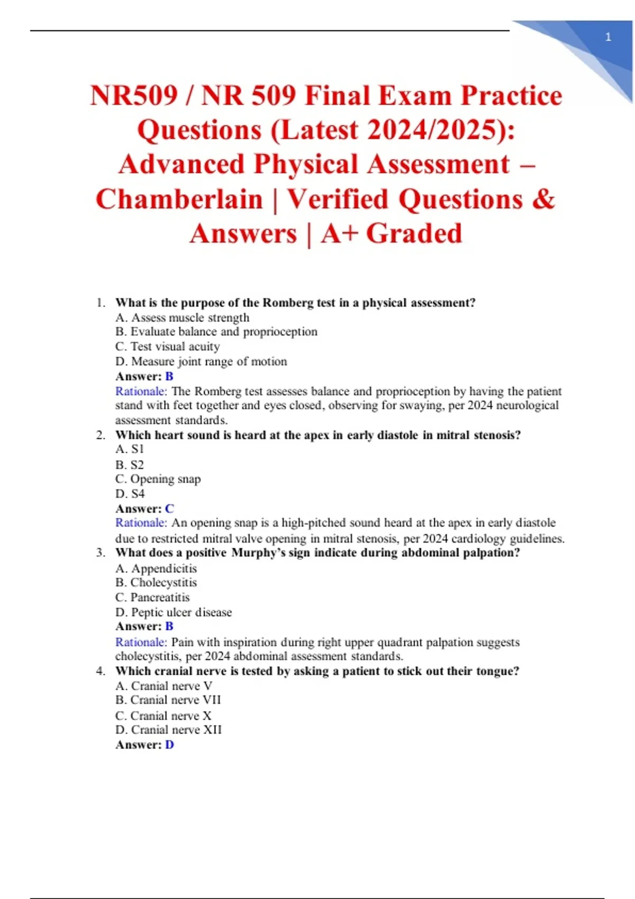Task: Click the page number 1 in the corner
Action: point(608,37)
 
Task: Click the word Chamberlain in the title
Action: point(179,200)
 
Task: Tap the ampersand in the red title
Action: point(543,200)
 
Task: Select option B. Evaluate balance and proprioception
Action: point(216,332)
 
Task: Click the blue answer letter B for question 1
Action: point(169,376)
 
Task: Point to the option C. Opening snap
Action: point(158,479)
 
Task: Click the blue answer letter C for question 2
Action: point(169,509)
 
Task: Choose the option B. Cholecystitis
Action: point(156,582)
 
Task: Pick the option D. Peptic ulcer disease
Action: point(174,612)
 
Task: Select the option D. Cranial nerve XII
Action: point(168,730)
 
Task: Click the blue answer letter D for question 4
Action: point(169,745)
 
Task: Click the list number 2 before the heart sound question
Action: point(101,435)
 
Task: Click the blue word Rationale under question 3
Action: point(141,642)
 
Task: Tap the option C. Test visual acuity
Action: point(167,346)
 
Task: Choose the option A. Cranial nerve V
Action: point(164,686)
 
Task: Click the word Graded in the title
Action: point(414,234)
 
